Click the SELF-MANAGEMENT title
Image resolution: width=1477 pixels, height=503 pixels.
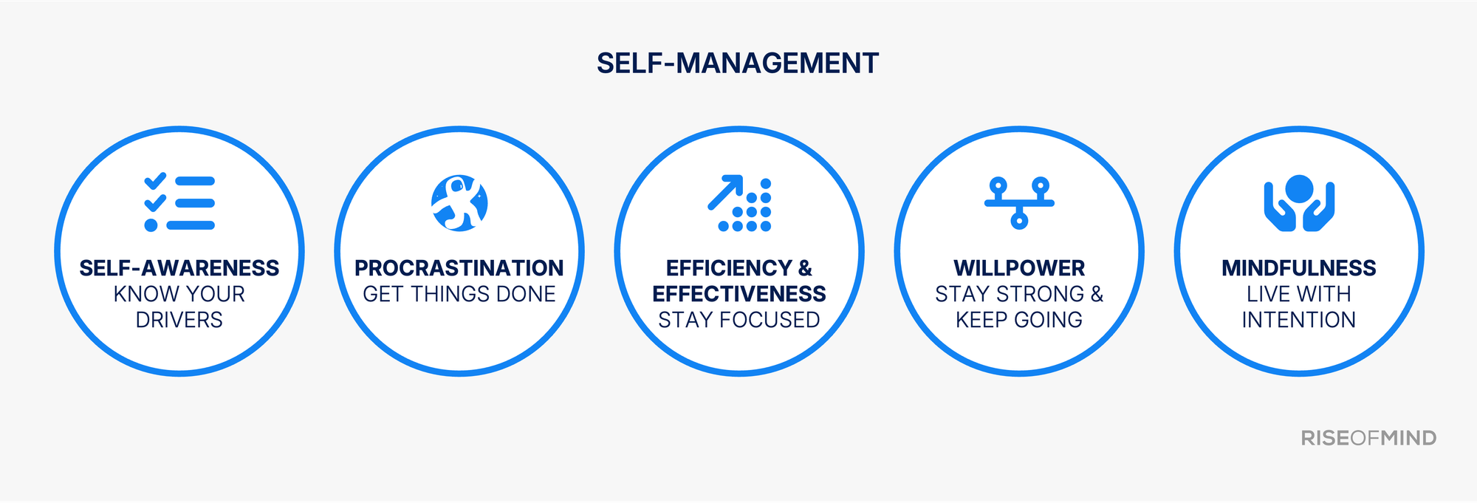click(x=738, y=64)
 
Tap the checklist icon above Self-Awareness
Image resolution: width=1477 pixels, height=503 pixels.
click(x=179, y=203)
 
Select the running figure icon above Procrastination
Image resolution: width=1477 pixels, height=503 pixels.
click(x=459, y=203)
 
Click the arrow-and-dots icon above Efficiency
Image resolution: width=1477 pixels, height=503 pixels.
click(x=739, y=204)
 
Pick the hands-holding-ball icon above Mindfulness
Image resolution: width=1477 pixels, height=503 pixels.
click(x=1299, y=202)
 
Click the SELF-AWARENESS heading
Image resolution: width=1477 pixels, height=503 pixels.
click(x=179, y=268)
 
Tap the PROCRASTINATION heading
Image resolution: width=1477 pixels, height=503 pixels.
click(x=459, y=268)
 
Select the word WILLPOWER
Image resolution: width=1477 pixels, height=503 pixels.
click(x=1019, y=268)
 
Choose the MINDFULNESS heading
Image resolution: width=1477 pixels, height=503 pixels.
click(x=1299, y=268)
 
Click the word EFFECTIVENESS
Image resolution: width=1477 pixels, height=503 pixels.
click(x=739, y=294)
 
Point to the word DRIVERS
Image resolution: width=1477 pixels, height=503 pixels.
click(x=179, y=320)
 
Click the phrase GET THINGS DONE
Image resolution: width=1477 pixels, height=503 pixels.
click(x=459, y=294)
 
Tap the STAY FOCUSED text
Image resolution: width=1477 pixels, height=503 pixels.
click(x=739, y=320)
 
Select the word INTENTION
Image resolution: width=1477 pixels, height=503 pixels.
click(x=1299, y=320)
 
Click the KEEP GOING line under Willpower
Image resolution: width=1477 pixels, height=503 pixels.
click(x=1019, y=320)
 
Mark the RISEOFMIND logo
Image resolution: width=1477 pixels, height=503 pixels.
click(x=1368, y=438)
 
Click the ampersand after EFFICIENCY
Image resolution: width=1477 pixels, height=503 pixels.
click(x=805, y=268)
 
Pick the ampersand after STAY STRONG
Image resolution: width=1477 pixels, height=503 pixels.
click(x=1097, y=294)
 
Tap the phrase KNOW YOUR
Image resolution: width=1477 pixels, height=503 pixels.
click(x=179, y=294)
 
